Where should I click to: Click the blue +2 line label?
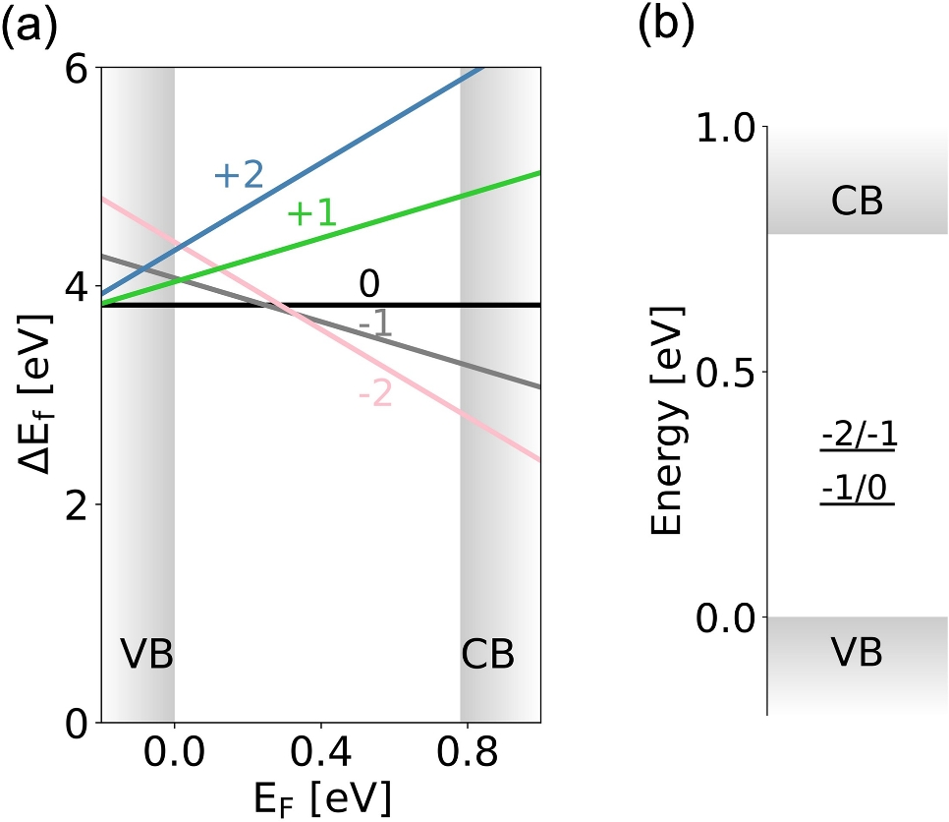(239, 177)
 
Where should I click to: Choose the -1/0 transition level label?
(858, 487)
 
